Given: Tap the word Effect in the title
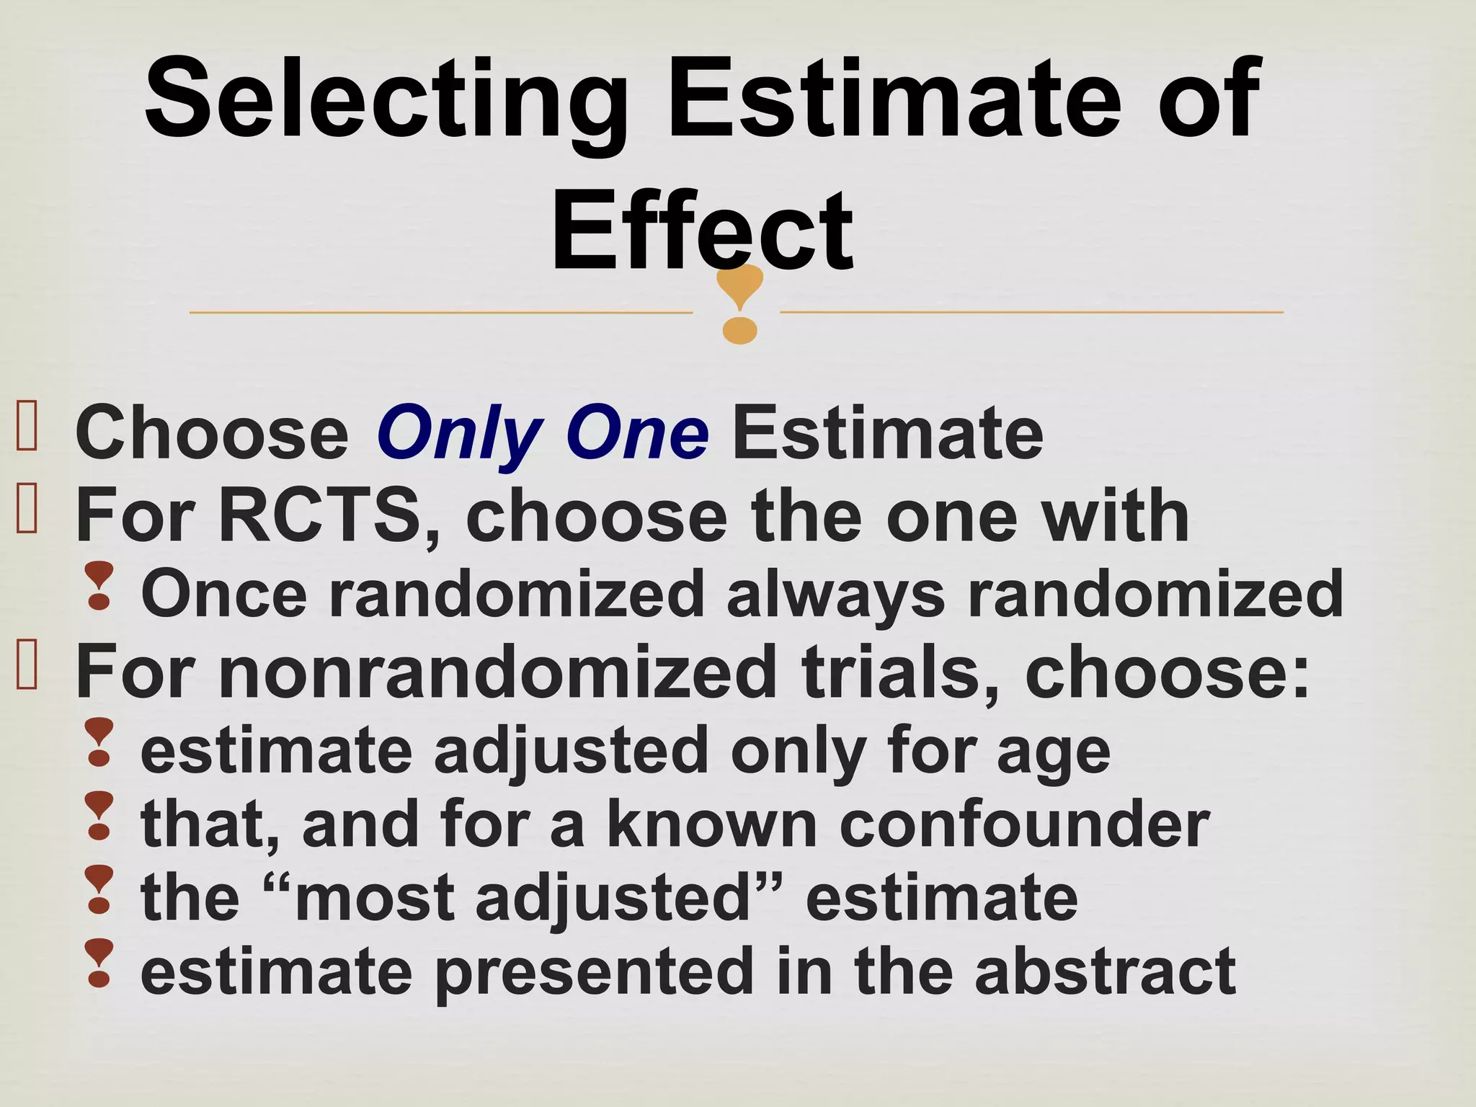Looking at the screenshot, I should [x=702, y=231].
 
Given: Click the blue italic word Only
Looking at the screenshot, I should [x=459, y=434].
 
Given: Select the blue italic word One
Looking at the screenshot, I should [x=637, y=434].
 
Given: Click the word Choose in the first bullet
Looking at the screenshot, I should [x=212, y=434].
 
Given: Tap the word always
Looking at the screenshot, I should [x=835, y=595].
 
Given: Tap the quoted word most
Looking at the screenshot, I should [x=374, y=899].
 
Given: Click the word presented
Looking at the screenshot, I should [x=595, y=974].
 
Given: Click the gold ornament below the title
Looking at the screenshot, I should [x=740, y=303].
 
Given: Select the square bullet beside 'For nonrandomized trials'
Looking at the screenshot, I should [x=27, y=666].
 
